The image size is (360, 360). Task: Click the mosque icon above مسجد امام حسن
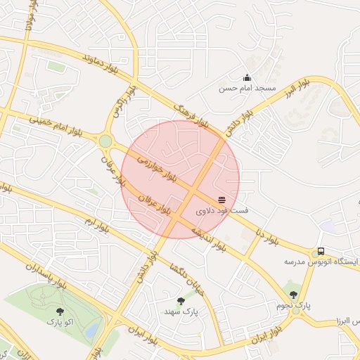pyautogui.click(x=247, y=78)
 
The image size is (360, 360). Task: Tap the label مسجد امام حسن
pyautogui.click(x=247, y=89)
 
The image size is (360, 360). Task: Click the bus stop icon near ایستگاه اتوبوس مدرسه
pyautogui.click(x=321, y=251)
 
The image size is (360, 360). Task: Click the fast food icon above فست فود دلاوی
pyautogui.click(x=222, y=200)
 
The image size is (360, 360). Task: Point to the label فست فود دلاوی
pyautogui.click(x=221, y=211)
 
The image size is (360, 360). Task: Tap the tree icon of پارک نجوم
pyautogui.click(x=293, y=295)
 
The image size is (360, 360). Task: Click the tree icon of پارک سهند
pyautogui.click(x=181, y=301)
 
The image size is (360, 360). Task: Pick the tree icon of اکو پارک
pyautogui.click(x=59, y=311)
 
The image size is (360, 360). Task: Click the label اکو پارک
pyautogui.click(x=60, y=322)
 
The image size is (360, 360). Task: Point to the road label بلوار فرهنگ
pyautogui.click(x=192, y=112)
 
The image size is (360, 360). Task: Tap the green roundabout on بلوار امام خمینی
pyautogui.click(x=105, y=141)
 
